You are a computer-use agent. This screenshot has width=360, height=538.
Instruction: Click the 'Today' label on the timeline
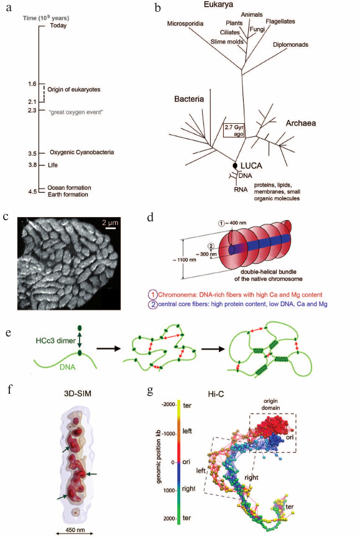pos(58,26)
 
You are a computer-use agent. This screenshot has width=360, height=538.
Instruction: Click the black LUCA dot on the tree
pos(236,165)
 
